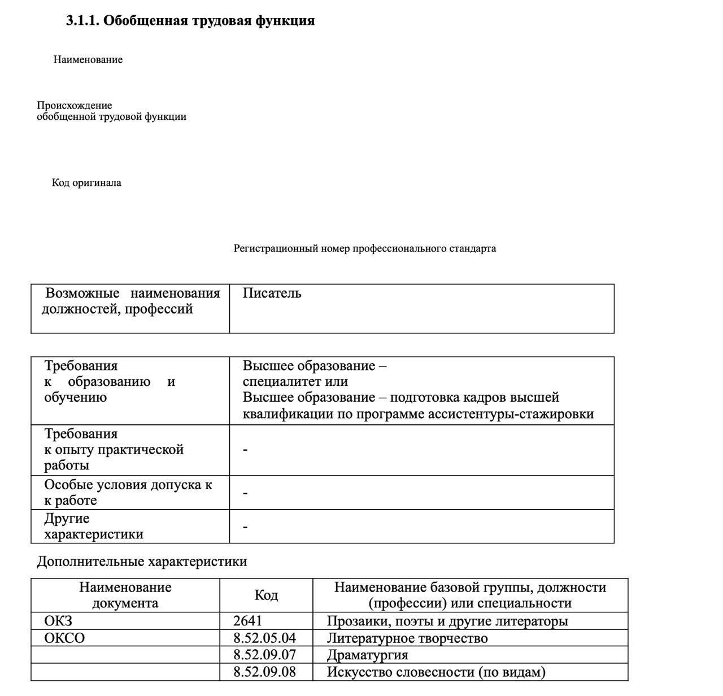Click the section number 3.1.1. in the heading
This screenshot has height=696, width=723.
pos(83,21)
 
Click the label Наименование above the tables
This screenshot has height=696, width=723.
pos(88,60)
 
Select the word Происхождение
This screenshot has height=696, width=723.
pos(75,106)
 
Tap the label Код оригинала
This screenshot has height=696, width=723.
pos(86,183)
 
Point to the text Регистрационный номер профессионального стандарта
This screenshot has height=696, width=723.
pos(365,249)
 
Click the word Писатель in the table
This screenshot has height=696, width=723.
pos(272,293)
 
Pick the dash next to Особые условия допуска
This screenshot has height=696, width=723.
pos(245,493)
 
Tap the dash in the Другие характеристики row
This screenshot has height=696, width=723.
pos(245,527)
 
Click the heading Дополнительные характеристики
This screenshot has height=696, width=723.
pos(142,562)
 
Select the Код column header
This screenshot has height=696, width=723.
pos(266,595)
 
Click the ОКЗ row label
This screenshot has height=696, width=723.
pos(58,621)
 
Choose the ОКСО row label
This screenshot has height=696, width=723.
pos(64,638)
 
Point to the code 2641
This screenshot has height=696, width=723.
pos(247,621)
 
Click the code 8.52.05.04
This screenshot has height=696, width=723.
pos(264,638)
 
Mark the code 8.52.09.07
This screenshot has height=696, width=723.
pos(264,655)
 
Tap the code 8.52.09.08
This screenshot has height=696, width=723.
pos(264,672)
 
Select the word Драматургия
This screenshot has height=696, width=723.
pos(367,655)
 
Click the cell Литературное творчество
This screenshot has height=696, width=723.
pos(407,638)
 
